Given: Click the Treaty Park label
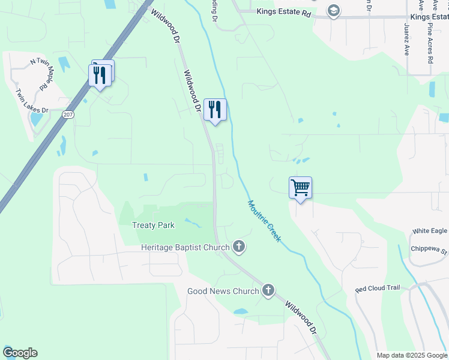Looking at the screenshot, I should [x=153, y=226].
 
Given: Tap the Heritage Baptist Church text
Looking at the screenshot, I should [x=185, y=247].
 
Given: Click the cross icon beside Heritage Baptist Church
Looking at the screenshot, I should [x=239, y=246].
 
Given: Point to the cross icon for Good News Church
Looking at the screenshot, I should [x=268, y=290].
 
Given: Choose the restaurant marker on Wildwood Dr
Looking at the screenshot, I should [x=215, y=109].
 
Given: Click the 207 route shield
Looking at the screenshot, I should [x=68, y=114].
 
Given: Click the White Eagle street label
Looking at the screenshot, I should [x=430, y=231].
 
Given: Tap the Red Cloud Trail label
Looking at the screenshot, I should [x=377, y=289].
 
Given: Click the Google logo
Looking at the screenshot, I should [x=20, y=353].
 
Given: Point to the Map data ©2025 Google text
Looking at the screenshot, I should [x=411, y=355].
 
